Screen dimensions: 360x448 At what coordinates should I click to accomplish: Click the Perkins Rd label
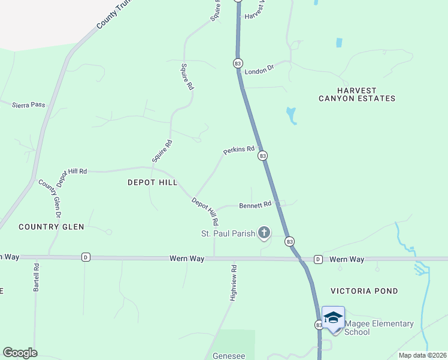click(x=239, y=150)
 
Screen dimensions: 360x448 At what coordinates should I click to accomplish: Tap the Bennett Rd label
click(x=256, y=205)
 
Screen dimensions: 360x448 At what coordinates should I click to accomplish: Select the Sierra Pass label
click(x=29, y=104)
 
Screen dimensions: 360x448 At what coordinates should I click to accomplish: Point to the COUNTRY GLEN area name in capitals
click(x=51, y=227)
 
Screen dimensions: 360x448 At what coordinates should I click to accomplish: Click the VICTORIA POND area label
click(x=364, y=291)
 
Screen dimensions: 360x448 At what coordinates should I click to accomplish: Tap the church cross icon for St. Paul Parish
click(x=264, y=232)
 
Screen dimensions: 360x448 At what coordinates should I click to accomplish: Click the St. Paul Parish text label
click(x=228, y=233)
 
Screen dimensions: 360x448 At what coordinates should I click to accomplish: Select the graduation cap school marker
click(x=333, y=317)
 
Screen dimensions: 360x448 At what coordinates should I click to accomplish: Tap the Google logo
click(x=20, y=353)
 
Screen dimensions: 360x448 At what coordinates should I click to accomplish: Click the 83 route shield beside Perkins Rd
click(x=262, y=156)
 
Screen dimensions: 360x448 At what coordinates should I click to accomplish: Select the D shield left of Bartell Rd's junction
click(x=86, y=257)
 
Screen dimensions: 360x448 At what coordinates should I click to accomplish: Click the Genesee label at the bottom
click(x=229, y=356)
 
